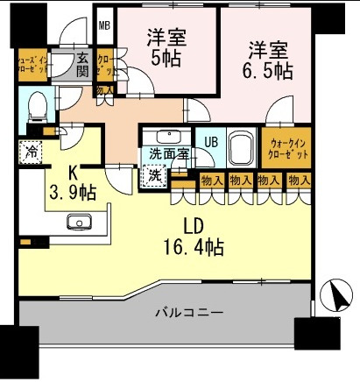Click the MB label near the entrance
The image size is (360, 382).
coord(104,26)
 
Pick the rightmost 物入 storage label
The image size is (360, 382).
coord(299,180)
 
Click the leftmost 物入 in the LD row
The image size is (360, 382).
coord(210,180)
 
